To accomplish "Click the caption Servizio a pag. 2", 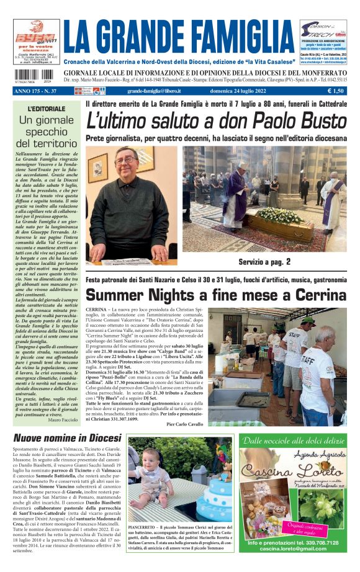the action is [264, 262].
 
